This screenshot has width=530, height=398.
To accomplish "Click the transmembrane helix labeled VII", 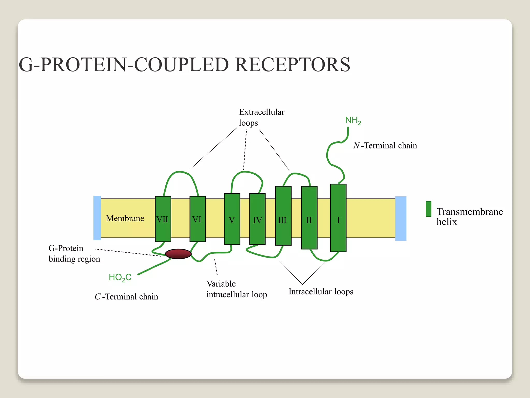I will (163, 219).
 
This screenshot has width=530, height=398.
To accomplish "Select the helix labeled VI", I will (198, 219).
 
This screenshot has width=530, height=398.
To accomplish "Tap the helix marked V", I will (232, 219).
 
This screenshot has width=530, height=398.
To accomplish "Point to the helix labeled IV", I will (257, 219).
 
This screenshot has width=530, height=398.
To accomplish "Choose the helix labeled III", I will (283, 216).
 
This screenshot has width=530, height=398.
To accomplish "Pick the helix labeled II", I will (309, 218).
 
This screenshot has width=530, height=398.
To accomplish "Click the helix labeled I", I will (338, 218).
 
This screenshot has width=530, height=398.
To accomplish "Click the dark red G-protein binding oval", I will (178, 254).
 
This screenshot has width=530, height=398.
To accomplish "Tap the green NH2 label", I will (353, 120).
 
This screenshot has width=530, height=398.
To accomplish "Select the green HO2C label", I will (120, 278).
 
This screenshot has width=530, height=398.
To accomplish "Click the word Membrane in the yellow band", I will (125, 218).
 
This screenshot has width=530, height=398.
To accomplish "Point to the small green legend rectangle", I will (428, 209).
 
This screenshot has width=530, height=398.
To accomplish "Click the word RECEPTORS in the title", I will (292, 65).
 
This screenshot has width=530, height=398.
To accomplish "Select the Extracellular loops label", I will (261, 117).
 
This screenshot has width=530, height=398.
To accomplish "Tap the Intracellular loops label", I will (321, 292).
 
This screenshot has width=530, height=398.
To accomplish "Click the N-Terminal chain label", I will (385, 146).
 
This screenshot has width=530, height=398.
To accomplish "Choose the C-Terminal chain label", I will (126, 297).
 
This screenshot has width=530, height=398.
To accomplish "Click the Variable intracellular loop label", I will (237, 289).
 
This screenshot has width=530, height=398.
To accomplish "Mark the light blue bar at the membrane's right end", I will (401, 218).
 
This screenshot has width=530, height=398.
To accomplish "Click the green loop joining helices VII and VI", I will (180, 172).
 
